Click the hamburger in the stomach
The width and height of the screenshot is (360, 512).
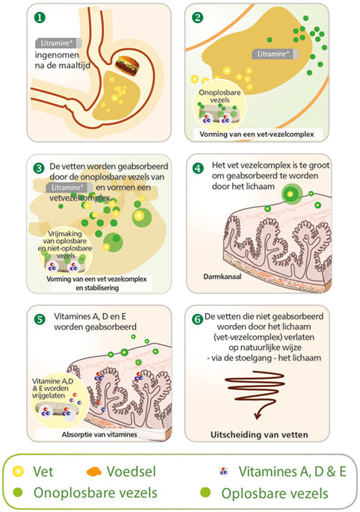(127, 66)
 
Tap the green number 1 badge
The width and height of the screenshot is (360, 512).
(40, 17)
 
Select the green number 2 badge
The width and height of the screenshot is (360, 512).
(197, 17)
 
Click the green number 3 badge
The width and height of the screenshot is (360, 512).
(39, 168)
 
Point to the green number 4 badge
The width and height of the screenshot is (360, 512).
(198, 168)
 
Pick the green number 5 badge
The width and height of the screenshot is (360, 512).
(40, 319)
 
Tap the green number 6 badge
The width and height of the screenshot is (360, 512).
(197, 319)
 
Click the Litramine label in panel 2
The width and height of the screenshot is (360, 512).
(275, 54)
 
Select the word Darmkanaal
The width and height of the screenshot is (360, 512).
(223, 277)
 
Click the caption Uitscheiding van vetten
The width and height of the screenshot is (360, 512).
(259, 434)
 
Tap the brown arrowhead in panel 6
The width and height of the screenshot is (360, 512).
(258, 416)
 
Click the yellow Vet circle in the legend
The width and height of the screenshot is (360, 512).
(18, 471)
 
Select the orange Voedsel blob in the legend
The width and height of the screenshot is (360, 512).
(94, 472)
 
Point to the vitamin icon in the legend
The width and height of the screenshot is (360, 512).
(223, 471)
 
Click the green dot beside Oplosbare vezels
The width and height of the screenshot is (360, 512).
(205, 492)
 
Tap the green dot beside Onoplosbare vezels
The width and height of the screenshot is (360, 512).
(18, 492)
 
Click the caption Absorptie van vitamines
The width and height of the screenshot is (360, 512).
(99, 434)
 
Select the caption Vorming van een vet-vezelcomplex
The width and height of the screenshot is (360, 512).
(257, 135)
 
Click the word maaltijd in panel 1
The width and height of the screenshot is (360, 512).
(73, 65)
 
